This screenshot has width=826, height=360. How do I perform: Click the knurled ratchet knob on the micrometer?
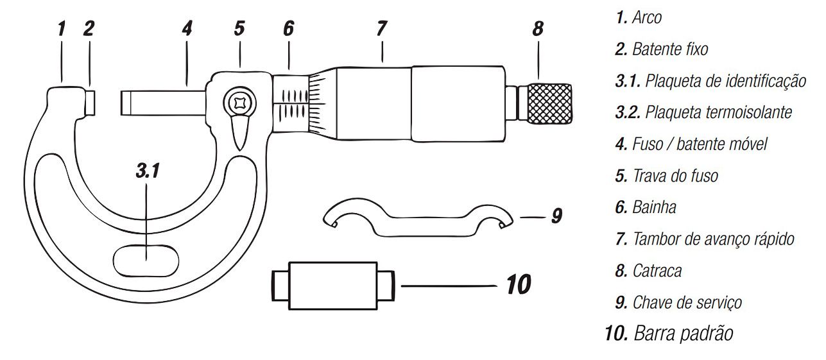(x=549, y=104)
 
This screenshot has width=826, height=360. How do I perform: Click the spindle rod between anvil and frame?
(x=162, y=103)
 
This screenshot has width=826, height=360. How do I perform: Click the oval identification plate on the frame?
(x=146, y=261)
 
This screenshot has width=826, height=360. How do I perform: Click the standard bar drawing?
(x=333, y=286)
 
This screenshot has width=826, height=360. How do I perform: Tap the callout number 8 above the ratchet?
(x=538, y=28)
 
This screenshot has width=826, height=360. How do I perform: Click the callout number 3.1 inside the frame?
(x=148, y=171)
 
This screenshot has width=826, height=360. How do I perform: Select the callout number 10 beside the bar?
(x=519, y=284)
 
